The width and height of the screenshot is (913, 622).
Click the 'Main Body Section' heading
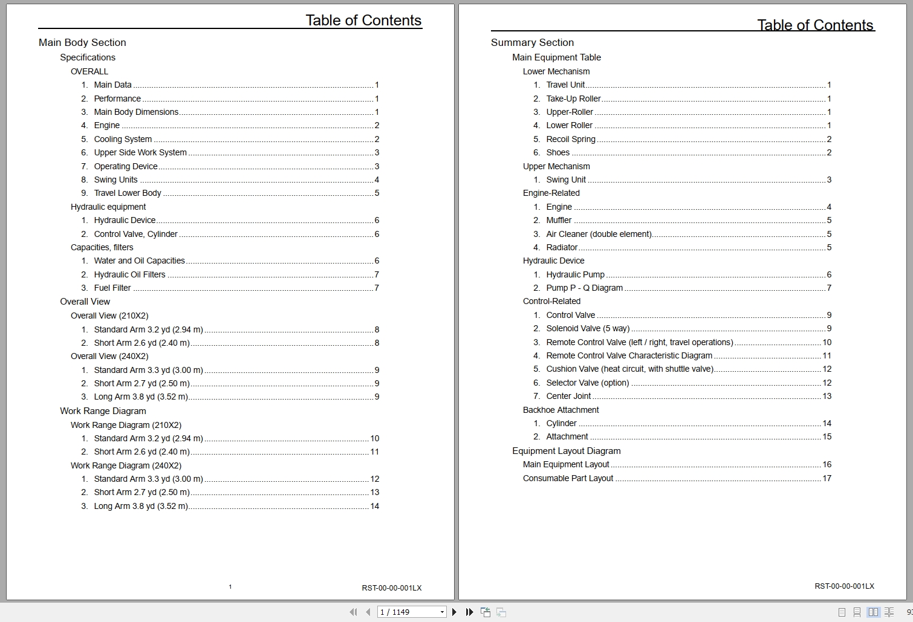pos(82,42)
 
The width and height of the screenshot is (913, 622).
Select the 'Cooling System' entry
pos(123,139)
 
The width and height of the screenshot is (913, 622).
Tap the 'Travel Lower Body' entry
pos(128,193)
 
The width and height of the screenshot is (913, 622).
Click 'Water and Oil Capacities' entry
pos(139,261)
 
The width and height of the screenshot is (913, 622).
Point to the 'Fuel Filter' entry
pos(112,288)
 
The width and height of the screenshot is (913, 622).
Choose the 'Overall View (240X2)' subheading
pos(109,356)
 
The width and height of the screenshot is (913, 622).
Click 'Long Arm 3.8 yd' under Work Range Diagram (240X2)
pos(141,506)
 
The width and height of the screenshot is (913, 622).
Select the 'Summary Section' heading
pos(532,42)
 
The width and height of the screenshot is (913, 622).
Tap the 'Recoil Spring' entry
pos(571,139)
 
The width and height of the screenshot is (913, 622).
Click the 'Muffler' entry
pos(559,220)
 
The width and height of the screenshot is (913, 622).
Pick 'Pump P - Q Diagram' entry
pos(584,288)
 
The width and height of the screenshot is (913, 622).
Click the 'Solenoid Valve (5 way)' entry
pos(588,328)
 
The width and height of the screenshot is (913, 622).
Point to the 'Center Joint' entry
pos(568,396)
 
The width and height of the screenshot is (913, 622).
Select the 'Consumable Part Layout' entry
pos(568,478)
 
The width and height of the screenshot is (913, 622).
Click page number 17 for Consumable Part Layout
pos(827,478)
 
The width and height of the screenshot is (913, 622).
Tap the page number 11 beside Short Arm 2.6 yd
pos(374,452)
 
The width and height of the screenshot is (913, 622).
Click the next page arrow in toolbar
pos(455,612)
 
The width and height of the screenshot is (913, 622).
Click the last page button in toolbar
pos(469,612)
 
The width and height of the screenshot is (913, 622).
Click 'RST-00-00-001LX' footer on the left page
pos(392,588)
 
